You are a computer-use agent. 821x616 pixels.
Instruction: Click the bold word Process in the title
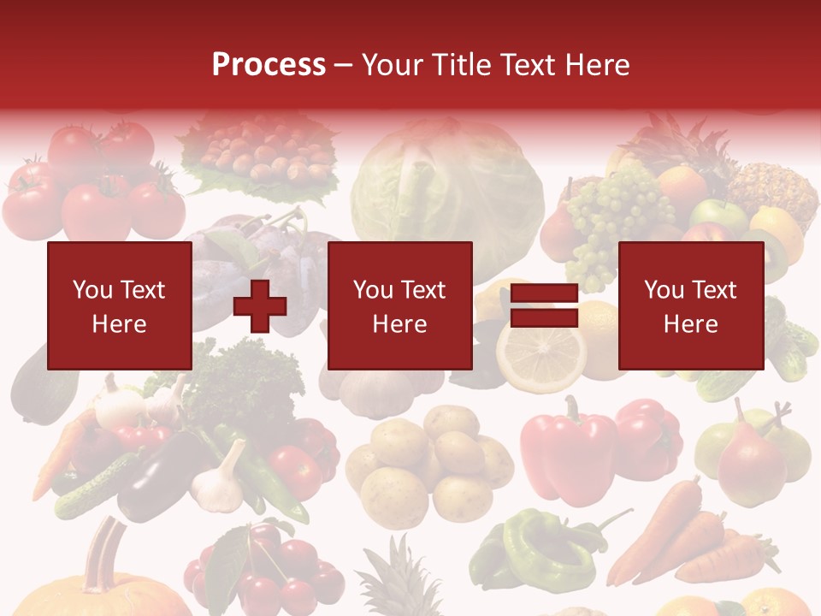pos(269,65)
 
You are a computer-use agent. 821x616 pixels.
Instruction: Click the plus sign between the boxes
pos(260,305)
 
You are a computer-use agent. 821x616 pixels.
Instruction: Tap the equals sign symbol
pos(544,306)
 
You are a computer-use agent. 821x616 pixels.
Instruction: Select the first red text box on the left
pos(119,305)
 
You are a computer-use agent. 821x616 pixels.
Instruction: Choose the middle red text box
pos(399,305)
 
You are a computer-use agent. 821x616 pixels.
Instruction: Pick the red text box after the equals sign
pos(690,305)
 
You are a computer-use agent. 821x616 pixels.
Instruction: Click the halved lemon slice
pos(541,350)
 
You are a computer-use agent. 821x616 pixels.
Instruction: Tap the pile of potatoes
pos(428,462)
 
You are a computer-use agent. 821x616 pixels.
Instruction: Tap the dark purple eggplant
pos(158,475)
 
